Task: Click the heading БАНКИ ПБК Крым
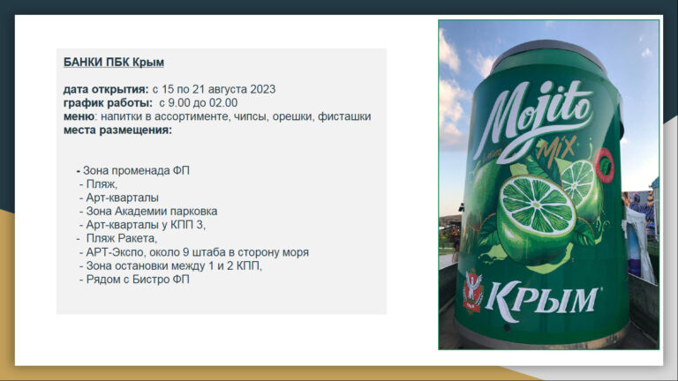114,62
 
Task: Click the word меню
79,116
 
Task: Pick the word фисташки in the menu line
344,116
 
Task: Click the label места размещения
117,130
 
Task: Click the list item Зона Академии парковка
151,211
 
